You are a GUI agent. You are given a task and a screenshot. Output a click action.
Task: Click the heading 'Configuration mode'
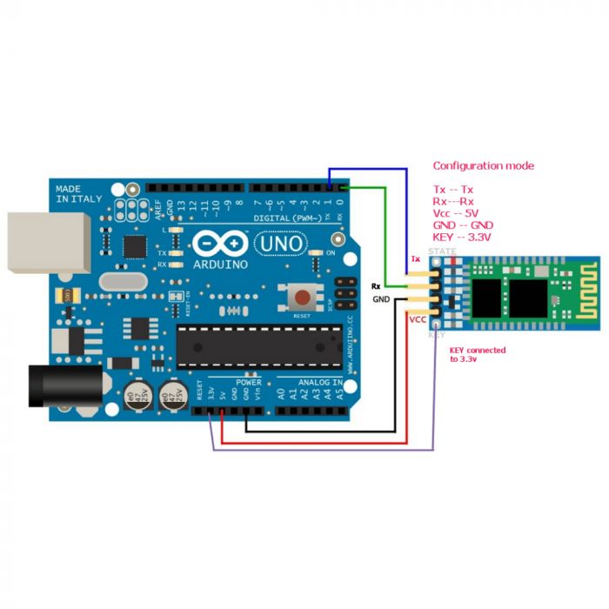pos(483,165)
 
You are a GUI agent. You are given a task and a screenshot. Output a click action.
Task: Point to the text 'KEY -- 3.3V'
pos(462,237)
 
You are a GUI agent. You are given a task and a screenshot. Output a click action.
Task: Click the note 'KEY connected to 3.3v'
pos(477,354)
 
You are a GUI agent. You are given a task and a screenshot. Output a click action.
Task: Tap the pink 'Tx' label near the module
pos(416,259)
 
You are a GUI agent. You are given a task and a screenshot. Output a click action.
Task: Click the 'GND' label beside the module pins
pos(381,298)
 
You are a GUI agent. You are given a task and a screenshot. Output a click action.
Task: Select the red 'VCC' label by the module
pos(418,319)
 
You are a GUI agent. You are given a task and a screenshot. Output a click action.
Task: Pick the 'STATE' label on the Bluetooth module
pos(442,251)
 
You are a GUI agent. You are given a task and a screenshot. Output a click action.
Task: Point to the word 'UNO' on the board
pos(281,244)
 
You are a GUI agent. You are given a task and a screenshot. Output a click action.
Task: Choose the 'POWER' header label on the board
pos(248,382)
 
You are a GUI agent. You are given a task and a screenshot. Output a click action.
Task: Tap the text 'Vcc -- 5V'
pos(456,212)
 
